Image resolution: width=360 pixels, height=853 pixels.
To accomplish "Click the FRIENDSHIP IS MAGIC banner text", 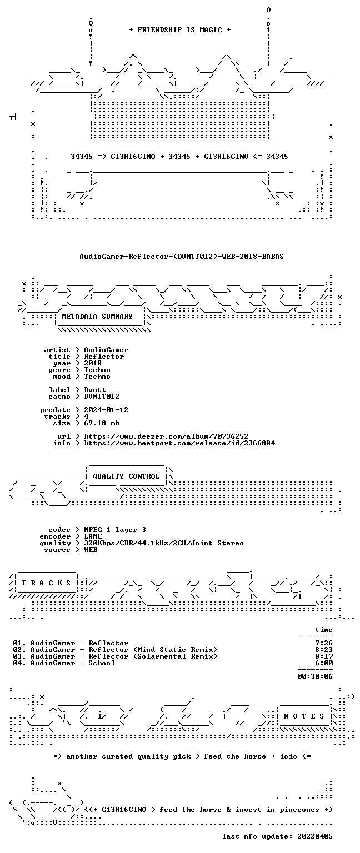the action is (180, 29).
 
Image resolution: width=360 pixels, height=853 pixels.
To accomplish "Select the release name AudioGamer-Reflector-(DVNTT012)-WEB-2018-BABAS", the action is (181, 256).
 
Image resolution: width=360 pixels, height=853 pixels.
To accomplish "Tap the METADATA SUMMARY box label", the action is (97, 316).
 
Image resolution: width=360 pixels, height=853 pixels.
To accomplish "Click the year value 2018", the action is (93, 363).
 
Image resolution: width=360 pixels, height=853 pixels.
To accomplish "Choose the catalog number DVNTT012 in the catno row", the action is (101, 397).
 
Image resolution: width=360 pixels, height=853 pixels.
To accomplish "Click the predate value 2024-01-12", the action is (106, 410).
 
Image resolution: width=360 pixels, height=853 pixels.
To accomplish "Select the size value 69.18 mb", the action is (101, 423).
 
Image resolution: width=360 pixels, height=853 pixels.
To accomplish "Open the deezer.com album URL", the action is (166, 436).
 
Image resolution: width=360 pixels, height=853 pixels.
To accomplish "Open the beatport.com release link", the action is (179, 443).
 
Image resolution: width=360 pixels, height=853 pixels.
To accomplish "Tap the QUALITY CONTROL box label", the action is (126, 476).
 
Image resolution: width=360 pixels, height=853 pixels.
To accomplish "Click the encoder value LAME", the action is (93, 536).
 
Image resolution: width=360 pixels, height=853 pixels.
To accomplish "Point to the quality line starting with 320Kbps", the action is (164, 543).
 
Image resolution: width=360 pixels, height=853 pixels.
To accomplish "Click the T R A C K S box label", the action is (46, 583).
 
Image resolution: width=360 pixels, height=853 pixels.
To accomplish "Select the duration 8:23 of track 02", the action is (324, 650).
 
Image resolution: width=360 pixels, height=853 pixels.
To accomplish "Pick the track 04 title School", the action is (102, 663).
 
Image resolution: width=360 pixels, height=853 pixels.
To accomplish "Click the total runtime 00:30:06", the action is (314, 676).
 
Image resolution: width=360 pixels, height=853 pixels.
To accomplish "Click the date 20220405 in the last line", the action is (314, 836).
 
